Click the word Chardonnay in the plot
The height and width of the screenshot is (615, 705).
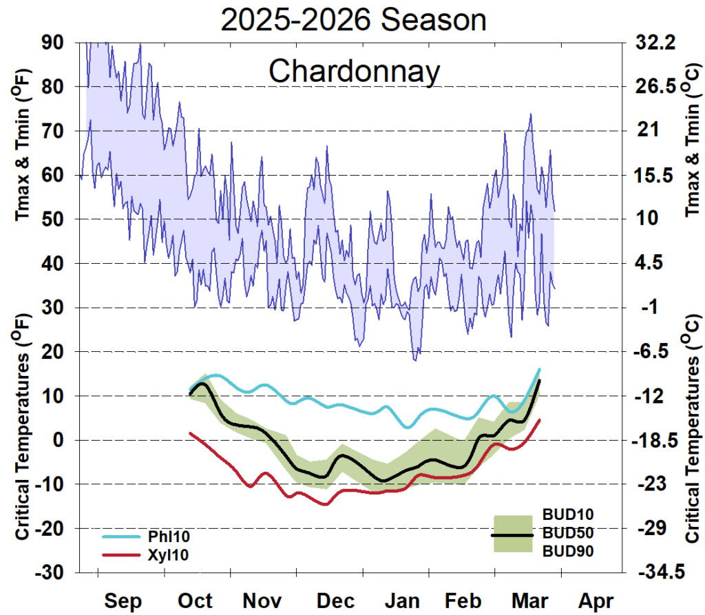[x=353, y=71]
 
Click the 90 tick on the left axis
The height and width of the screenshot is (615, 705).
[x=53, y=43]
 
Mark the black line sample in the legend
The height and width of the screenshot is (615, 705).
[x=513, y=534]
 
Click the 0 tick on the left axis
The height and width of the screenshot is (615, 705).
[x=59, y=440]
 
